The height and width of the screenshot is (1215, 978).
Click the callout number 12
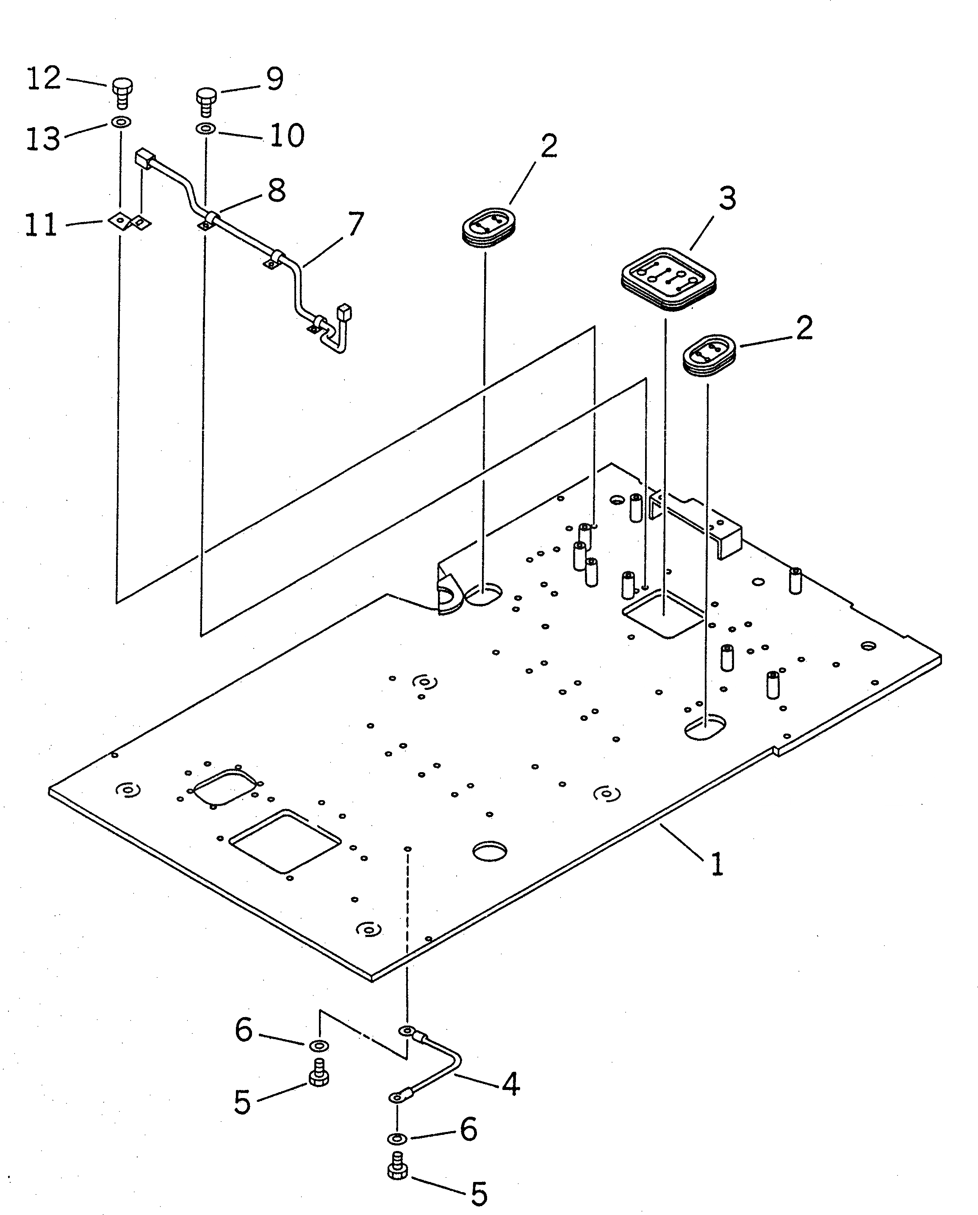tap(44, 78)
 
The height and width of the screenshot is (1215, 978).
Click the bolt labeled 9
tap(206, 100)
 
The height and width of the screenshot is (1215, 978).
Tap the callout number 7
tap(355, 224)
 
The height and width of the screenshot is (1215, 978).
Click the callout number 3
tap(727, 199)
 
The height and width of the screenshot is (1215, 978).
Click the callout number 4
tap(510, 1083)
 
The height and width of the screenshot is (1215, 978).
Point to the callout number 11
tap(41, 225)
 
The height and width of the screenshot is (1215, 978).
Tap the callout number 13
tap(43, 139)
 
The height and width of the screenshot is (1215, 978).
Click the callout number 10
tap(287, 135)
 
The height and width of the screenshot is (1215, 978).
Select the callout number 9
tap(274, 79)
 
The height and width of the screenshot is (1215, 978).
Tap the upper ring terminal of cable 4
tap(407, 1031)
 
